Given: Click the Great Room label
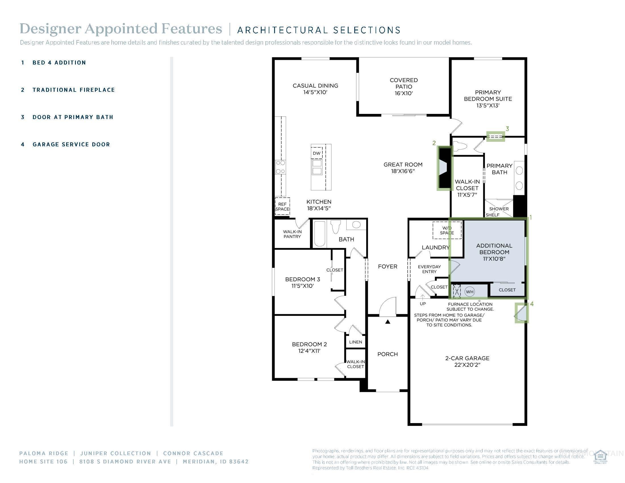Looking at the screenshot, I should (403, 165).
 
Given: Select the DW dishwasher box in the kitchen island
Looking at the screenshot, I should (316, 153).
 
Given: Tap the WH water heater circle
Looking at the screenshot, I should (470, 292).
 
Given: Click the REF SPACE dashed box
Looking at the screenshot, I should (282, 206).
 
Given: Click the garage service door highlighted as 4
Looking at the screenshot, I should (521, 313).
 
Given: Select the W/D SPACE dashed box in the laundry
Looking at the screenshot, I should (447, 230).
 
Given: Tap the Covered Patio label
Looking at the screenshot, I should (403, 86).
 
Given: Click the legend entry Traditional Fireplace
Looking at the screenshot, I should (74, 90).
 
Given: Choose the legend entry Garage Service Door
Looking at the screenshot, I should (71, 145).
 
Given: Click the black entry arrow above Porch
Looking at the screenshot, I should (388, 322).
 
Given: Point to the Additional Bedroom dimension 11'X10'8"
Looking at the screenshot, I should (494, 259).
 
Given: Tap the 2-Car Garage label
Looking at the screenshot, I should (467, 358).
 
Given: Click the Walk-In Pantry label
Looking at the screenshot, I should (292, 234).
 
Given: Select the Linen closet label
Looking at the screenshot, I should (355, 342).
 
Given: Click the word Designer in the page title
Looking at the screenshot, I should (50, 29).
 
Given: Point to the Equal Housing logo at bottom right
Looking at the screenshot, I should (600, 457).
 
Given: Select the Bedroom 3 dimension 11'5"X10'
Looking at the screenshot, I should (303, 286).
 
